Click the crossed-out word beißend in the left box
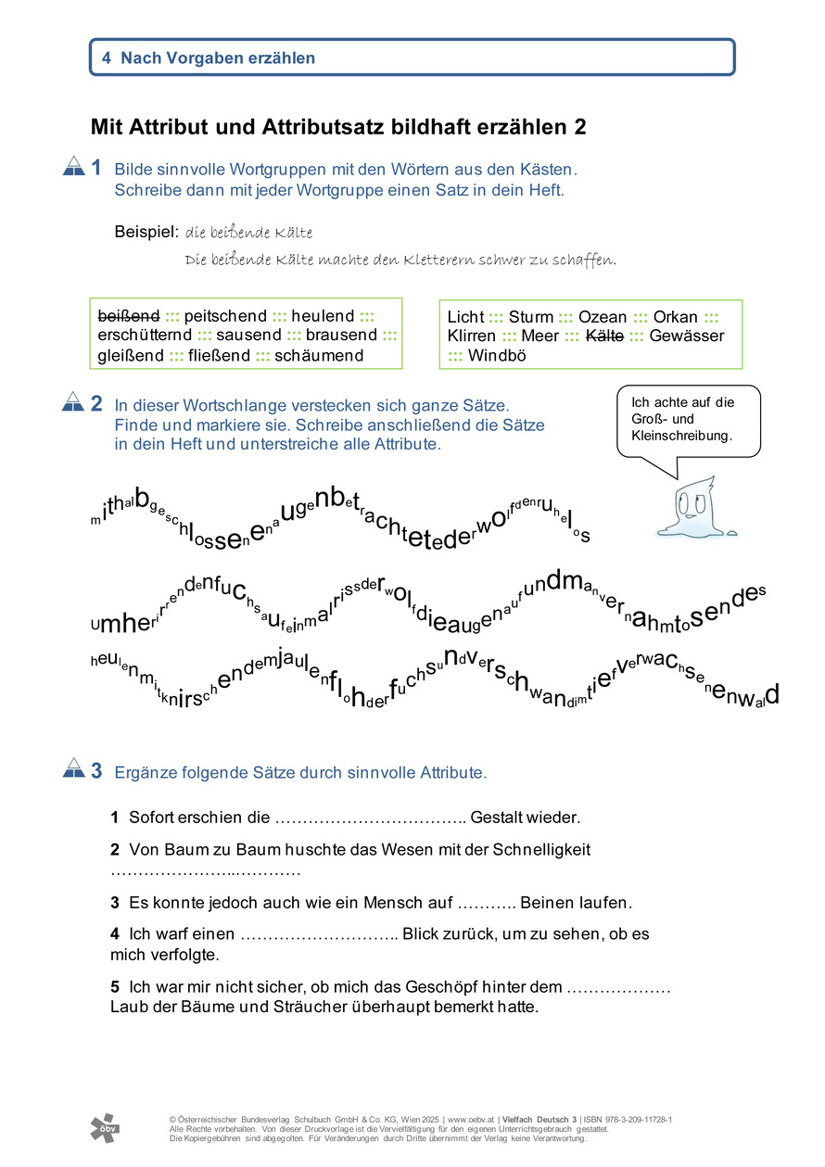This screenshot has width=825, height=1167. pyautogui.click(x=128, y=316)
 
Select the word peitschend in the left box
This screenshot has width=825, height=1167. pyautogui.click(x=225, y=316)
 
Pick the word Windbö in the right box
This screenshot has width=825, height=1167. pyautogui.click(x=497, y=355)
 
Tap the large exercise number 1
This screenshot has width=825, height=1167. pyautogui.click(x=96, y=169)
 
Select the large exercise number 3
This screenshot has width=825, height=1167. pyautogui.click(x=96, y=770)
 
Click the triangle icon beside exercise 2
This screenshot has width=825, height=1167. pyautogui.click(x=72, y=403)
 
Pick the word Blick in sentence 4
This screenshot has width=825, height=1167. pyautogui.click(x=422, y=933)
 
